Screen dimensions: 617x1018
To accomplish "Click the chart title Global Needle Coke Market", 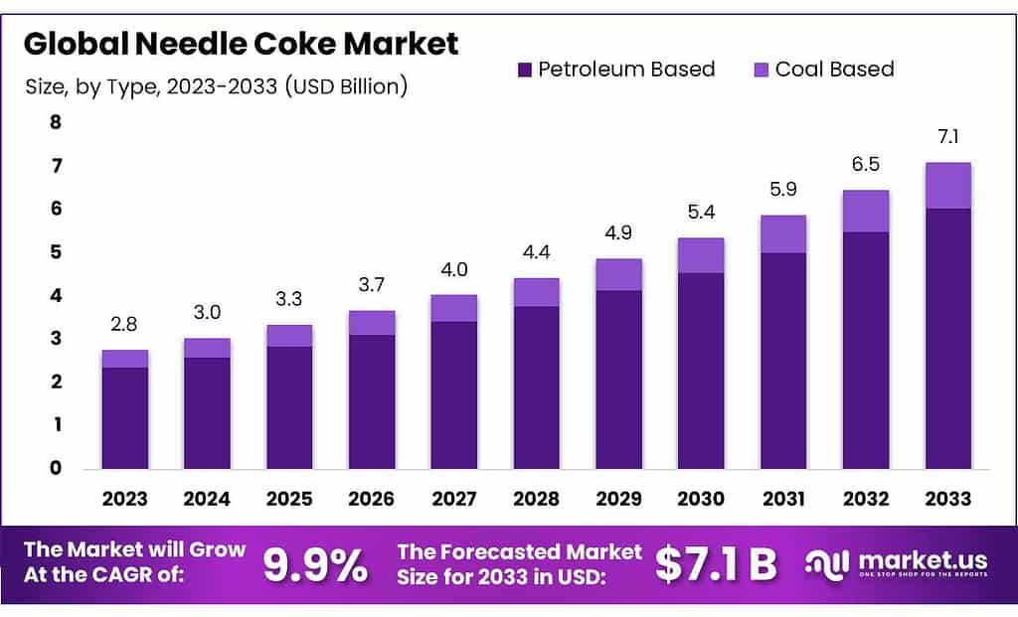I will click(242, 44).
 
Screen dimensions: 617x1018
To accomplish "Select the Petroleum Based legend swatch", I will click(525, 70).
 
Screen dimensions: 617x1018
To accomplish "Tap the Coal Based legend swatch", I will click(762, 70).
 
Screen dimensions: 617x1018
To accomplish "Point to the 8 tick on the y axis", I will click(56, 122).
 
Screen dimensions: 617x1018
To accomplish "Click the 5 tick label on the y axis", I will click(56, 251).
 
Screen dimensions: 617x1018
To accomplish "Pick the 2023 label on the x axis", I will click(124, 498).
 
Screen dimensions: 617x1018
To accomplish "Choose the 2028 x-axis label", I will click(536, 498).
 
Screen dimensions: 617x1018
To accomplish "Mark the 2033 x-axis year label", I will click(947, 498).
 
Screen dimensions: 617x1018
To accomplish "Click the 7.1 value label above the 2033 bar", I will click(947, 137).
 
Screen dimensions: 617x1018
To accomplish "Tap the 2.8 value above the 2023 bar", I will click(124, 324).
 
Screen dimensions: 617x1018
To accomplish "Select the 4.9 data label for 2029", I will click(618, 233).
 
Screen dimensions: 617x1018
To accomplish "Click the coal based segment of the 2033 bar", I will click(947, 186).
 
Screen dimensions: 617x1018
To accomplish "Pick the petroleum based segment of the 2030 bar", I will click(701, 370).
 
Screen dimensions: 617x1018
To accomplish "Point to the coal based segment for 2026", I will click(372, 323).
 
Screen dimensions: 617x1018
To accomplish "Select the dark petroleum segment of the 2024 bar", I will click(207, 412).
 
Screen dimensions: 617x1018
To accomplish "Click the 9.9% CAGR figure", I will click(315, 565).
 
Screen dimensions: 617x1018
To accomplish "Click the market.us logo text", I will click(911, 559).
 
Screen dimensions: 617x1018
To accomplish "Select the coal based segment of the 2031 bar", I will click(783, 234).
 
